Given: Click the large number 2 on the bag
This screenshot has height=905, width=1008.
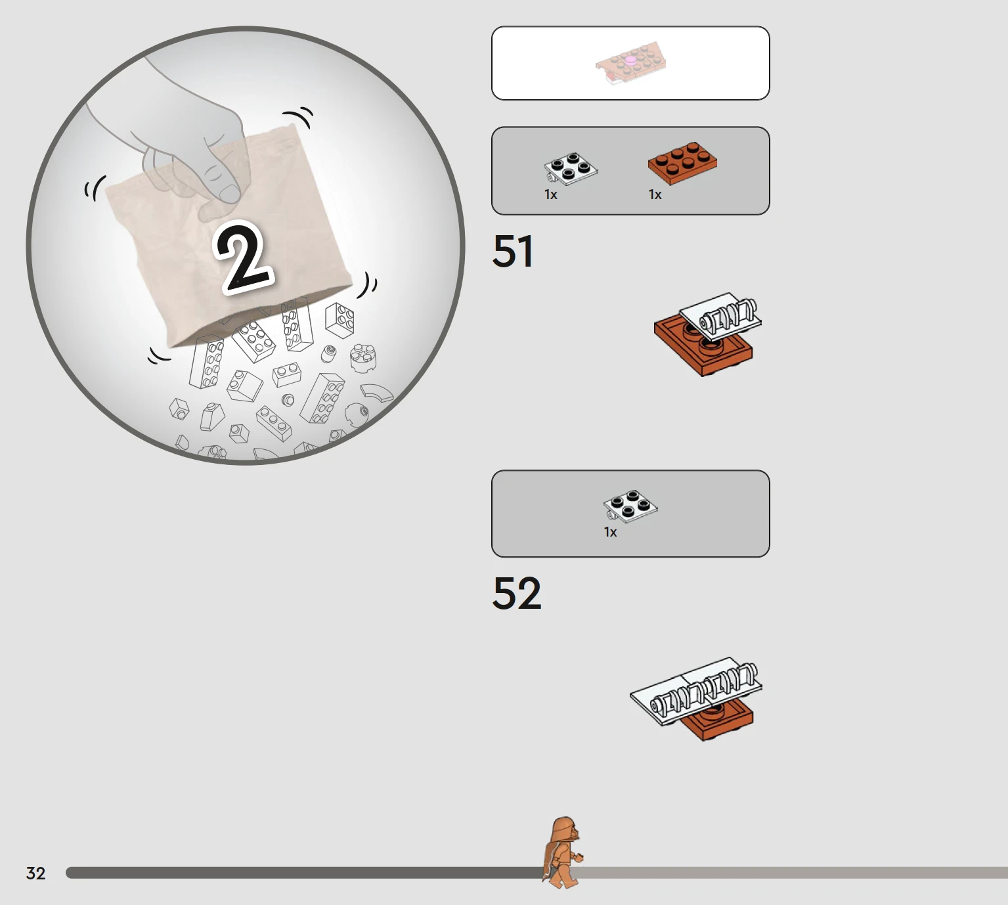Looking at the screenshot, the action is [244, 257].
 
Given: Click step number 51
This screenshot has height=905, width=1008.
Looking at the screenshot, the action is [513, 252].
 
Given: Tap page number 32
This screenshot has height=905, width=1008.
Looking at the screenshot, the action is [36, 873].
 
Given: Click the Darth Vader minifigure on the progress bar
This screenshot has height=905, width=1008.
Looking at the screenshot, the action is [563, 852].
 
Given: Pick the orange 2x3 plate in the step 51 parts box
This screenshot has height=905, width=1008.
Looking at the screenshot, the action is [682, 163].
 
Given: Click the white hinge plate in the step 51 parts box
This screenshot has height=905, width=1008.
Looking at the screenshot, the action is [571, 168].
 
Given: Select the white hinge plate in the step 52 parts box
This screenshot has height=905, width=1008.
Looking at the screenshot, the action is [630, 506].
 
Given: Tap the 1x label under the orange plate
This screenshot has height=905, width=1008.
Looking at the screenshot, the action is [655, 194].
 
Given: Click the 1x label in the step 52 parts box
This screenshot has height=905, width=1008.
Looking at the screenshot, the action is [611, 533].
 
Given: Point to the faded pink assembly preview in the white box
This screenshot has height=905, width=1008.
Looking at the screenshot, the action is [630, 64].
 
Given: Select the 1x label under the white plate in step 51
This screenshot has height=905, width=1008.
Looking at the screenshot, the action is [551, 194].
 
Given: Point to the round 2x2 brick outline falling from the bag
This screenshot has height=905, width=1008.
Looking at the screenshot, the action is [363, 357].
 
